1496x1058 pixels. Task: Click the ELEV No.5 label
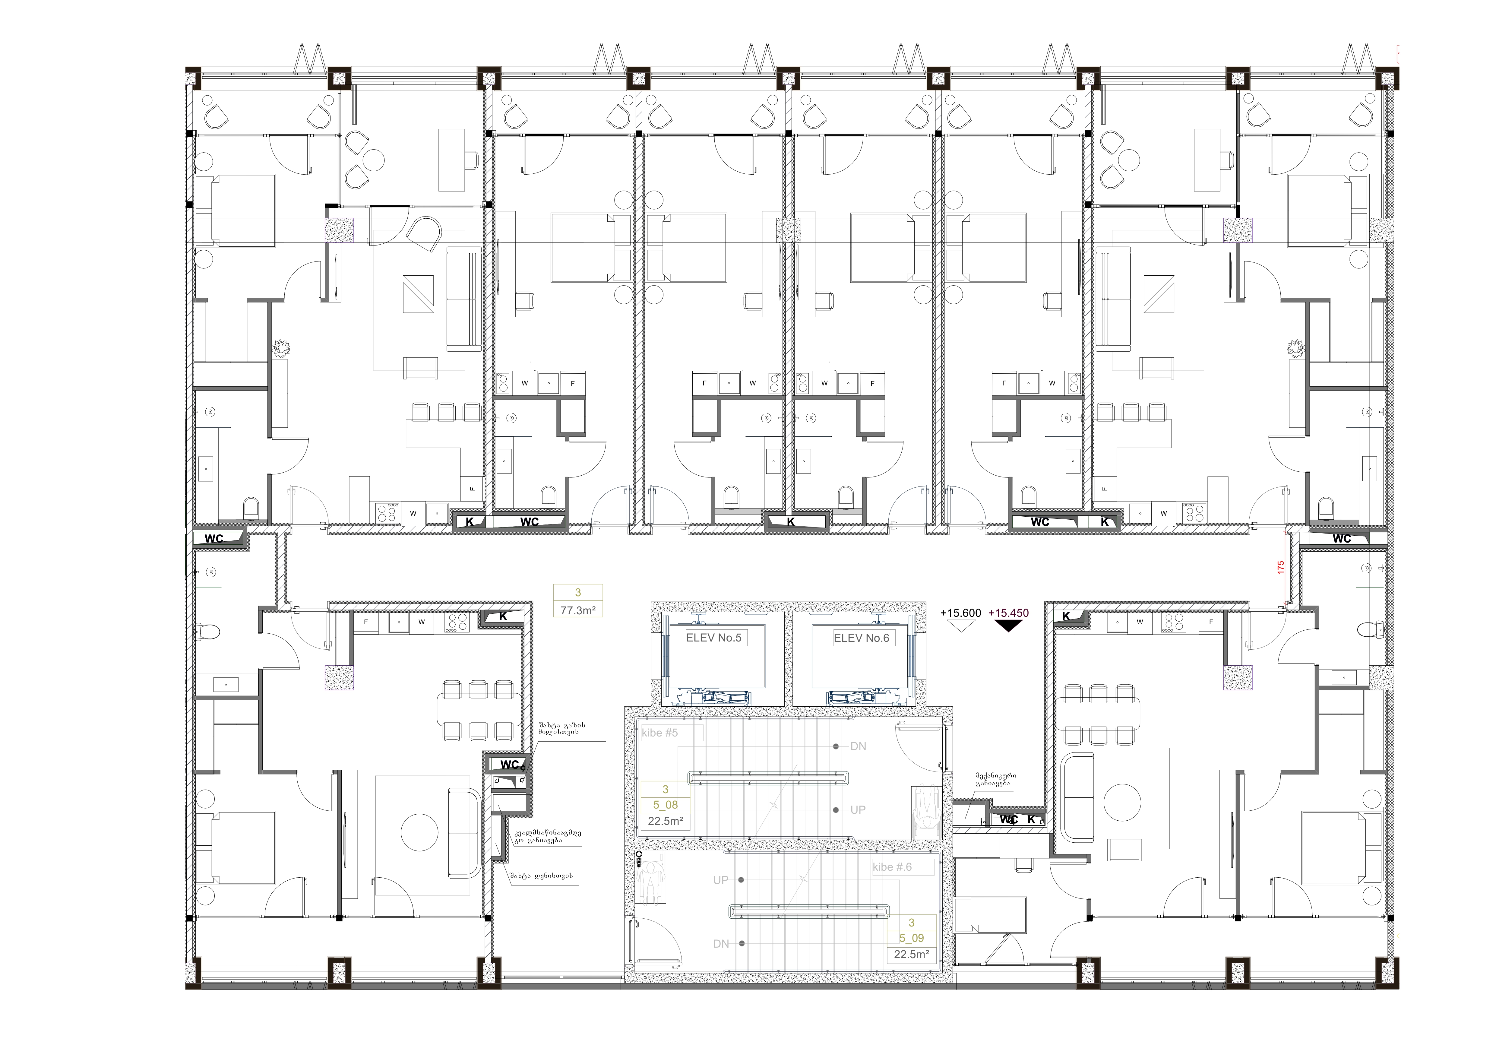[713, 638]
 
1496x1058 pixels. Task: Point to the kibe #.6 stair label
[892, 867]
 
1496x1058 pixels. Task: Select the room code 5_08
[665, 805]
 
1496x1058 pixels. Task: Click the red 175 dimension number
[1280, 567]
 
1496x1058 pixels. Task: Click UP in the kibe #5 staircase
[858, 810]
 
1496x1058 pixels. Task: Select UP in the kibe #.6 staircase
[721, 880]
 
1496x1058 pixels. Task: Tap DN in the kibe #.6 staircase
[721, 944]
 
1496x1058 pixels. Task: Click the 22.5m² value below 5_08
[665, 822]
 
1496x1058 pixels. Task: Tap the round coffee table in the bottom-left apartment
[419, 833]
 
